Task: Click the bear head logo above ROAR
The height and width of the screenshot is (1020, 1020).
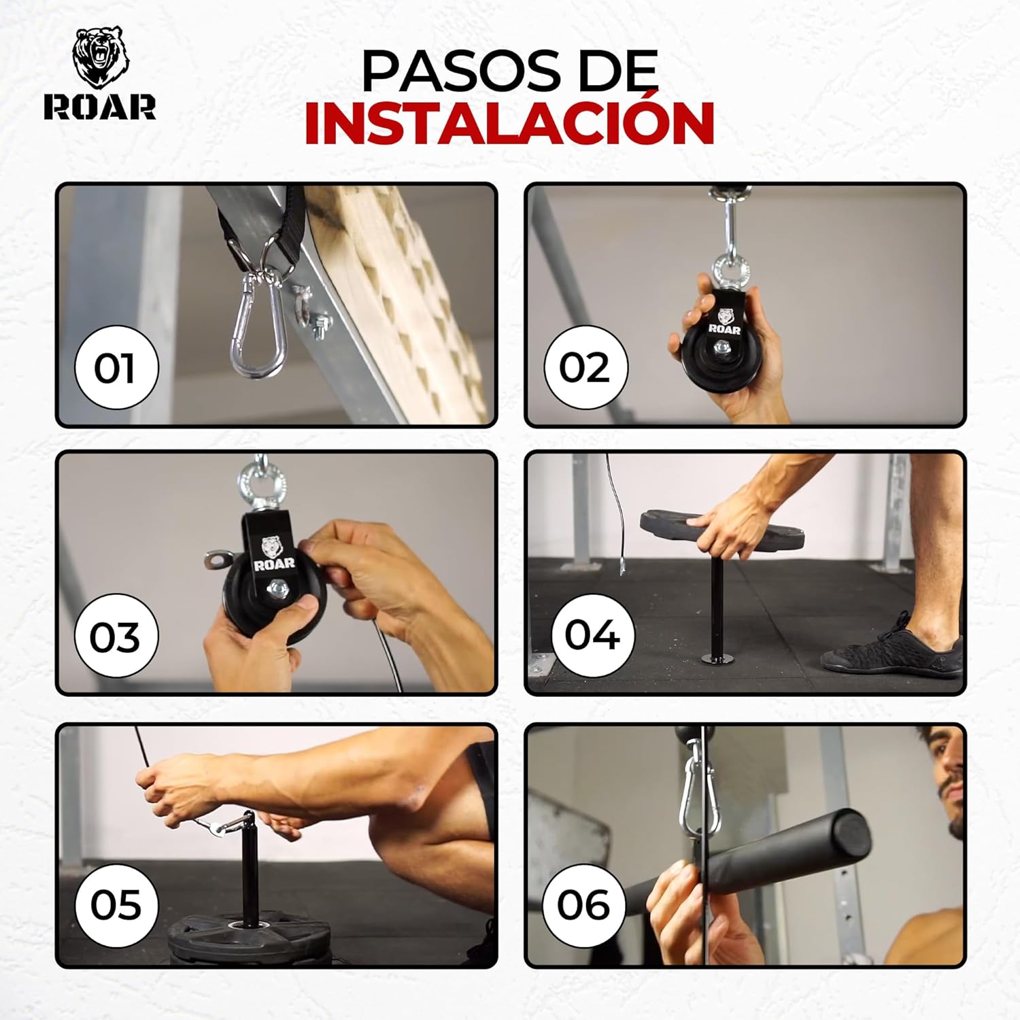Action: pos(101,58)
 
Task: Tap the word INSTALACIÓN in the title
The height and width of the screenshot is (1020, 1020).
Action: pos(509,123)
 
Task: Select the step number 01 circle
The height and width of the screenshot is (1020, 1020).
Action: pos(116,368)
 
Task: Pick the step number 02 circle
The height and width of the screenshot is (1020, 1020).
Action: pos(585,368)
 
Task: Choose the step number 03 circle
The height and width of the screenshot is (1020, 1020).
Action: pos(116,636)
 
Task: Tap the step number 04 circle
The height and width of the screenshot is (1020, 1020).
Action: pos(592,635)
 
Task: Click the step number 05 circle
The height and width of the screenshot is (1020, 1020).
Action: pos(116,905)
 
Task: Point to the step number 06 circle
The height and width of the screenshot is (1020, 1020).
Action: pos(583,905)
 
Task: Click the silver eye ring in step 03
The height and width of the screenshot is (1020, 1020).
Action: pos(261,484)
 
